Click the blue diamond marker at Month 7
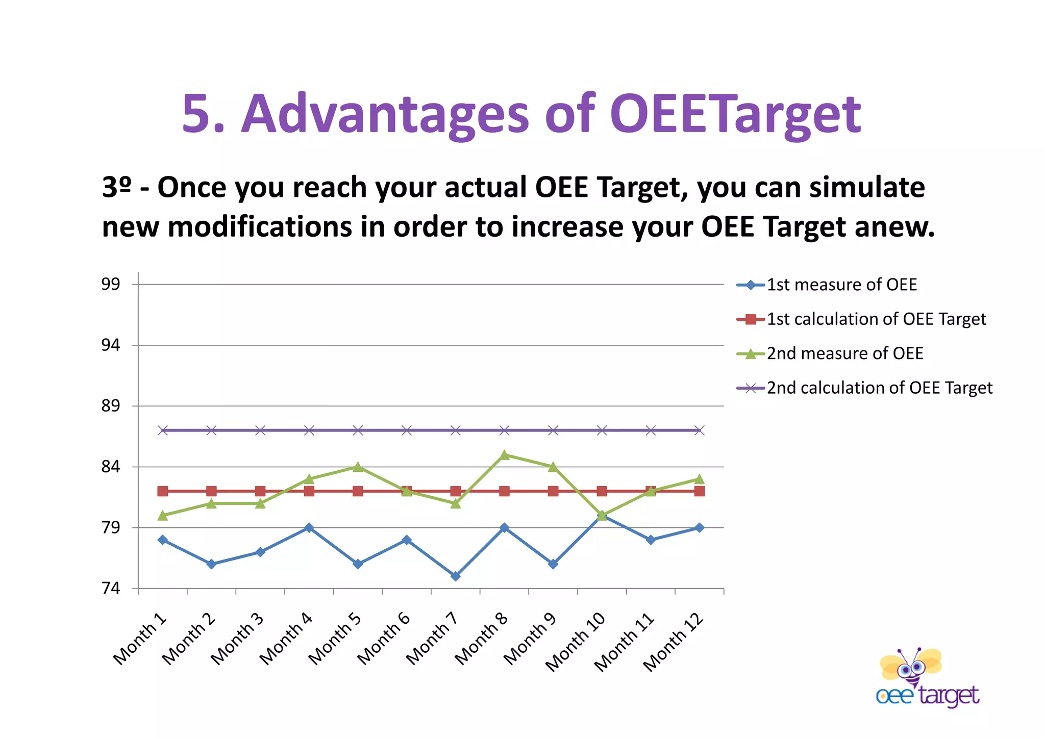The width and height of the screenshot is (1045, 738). [455, 576]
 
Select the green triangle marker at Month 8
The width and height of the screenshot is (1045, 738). [504, 455]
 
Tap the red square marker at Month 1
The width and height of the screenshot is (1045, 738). [163, 491]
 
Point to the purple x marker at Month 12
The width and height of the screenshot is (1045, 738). [699, 430]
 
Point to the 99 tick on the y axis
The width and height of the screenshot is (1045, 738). [110, 285]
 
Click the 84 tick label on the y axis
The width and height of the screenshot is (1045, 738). [110, 467]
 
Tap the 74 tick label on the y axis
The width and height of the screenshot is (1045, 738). [110, 589]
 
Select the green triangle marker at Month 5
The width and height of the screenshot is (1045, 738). [358, 467]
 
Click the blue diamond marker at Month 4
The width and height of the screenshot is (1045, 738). [309, 528]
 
